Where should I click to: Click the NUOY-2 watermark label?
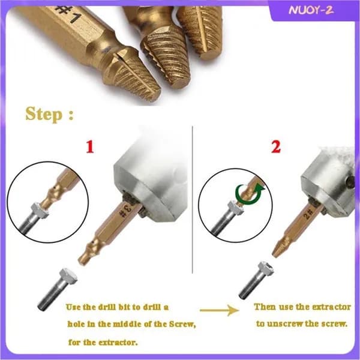[x=311, y=10]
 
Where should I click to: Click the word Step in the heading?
[x=44, y=114]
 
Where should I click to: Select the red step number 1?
[x=90, y=147]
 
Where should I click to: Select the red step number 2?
[x=276, y=147]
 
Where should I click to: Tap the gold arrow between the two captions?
[x=220, y=310]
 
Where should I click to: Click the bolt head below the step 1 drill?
[x=68, y=275]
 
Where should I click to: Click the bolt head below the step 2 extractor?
[x=266, y=269]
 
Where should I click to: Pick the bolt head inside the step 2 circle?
[x=236, y=207]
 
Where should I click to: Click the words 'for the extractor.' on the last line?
[x=103, y=343]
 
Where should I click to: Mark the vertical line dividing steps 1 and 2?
[x=193, y=199]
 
